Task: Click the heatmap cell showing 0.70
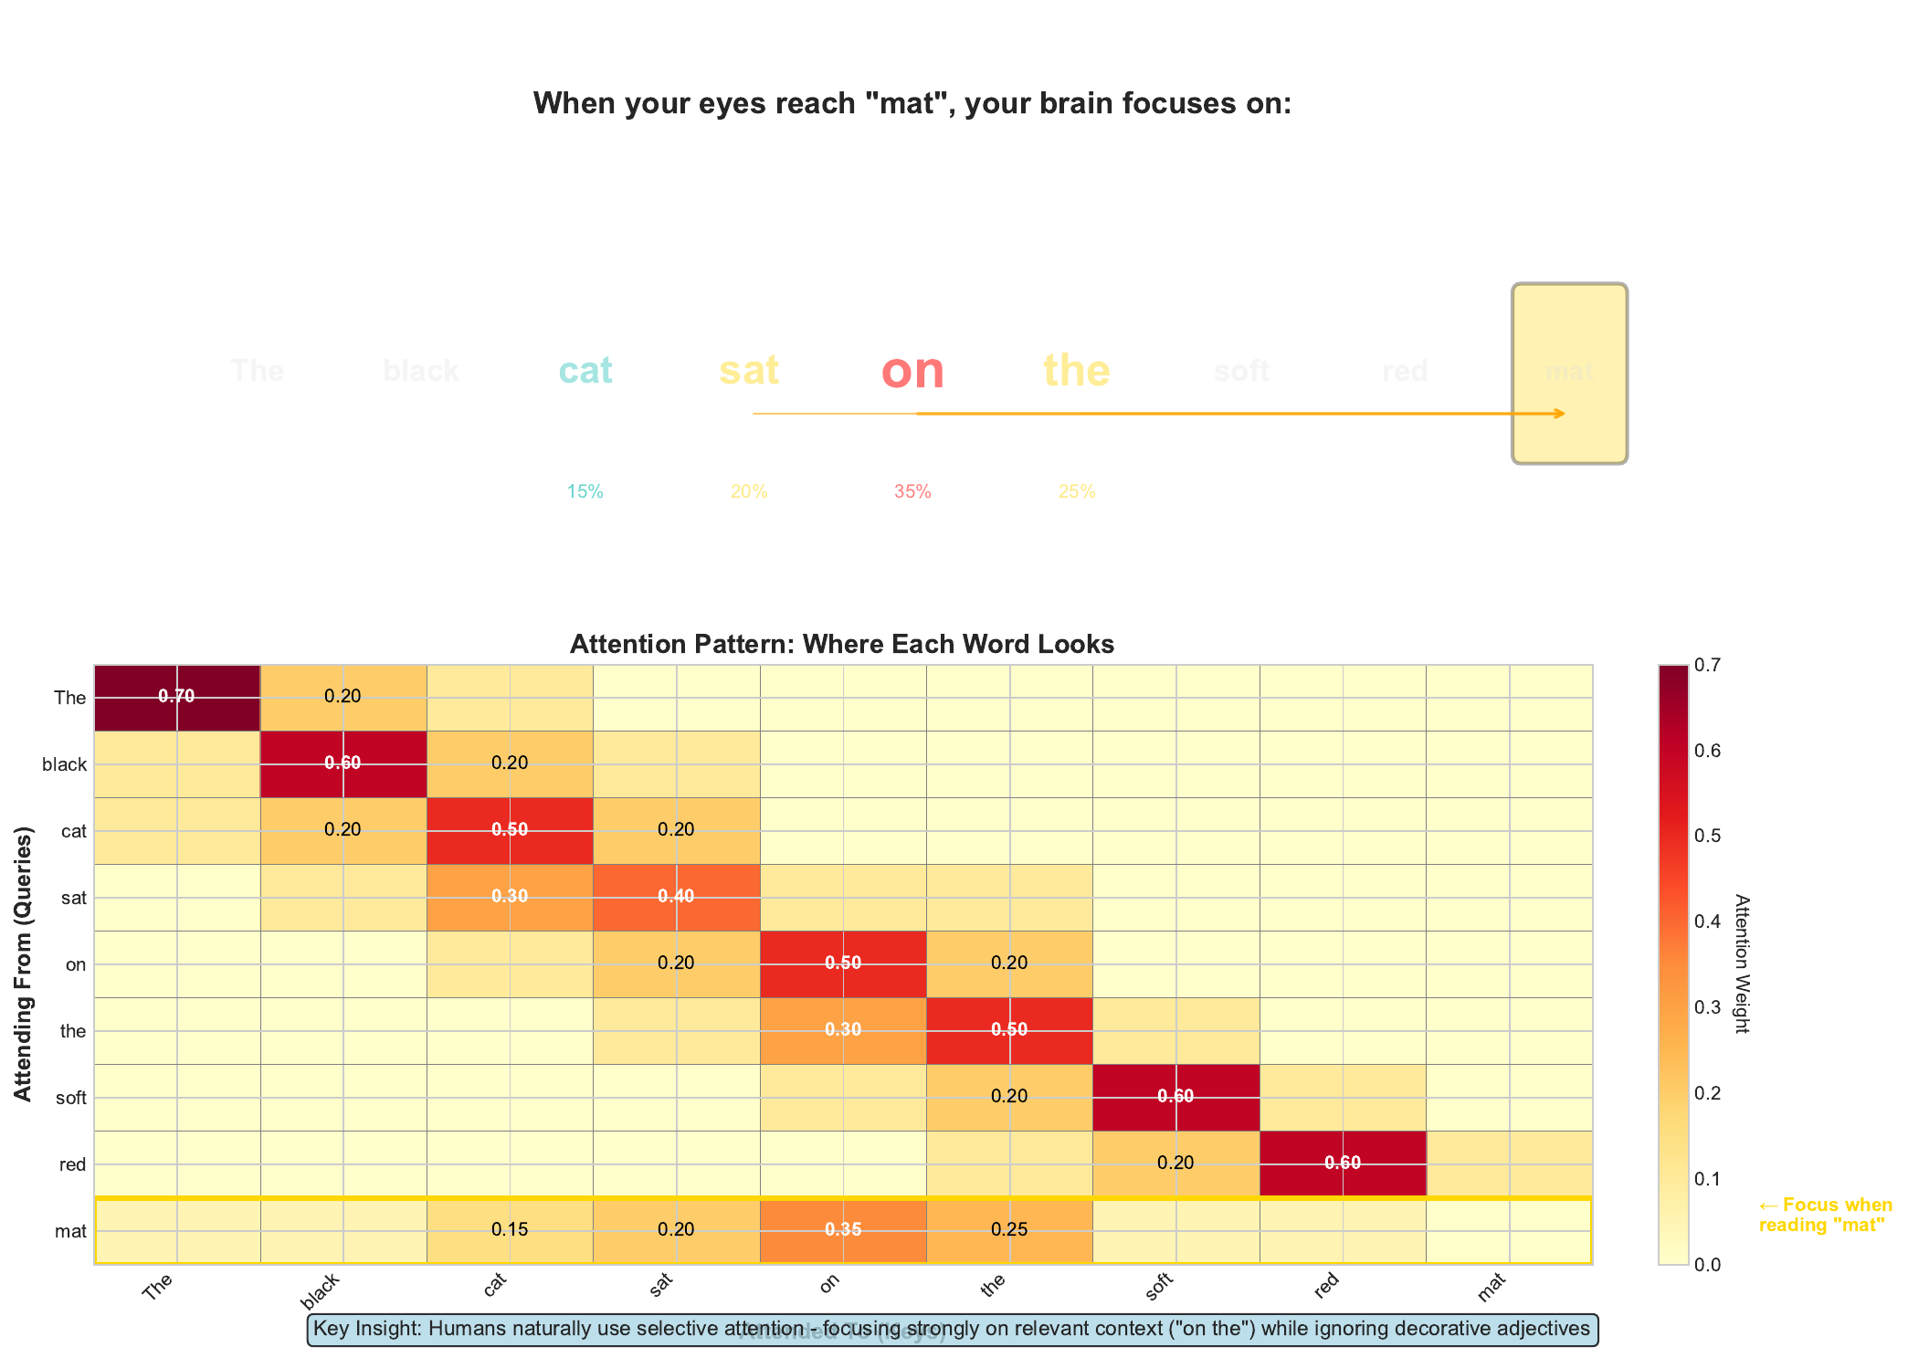pos(176,697)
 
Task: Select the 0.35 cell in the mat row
pos(842,1230)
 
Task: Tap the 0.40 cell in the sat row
pos(676,897)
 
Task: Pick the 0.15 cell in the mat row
pos(510,1230)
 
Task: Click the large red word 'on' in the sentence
pos(912,371)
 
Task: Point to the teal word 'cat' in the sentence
pos(585,371)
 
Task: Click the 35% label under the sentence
pos(912,492)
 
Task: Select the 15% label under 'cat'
pos(585,492)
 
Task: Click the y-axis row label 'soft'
pos(70,1098)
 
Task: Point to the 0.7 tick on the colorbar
pos(1706,666)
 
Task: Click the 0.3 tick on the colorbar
pos(1706,1007)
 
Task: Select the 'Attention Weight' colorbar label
pos(1741,963)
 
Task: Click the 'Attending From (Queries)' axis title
pos(25,963)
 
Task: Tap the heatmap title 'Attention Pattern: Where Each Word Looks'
pos(841,645)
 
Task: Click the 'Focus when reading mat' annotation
pos(1824,1216)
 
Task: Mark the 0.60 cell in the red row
pos(1342,1163)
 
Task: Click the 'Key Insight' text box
pos(952,1329)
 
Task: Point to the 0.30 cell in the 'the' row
pos(842,1030)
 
